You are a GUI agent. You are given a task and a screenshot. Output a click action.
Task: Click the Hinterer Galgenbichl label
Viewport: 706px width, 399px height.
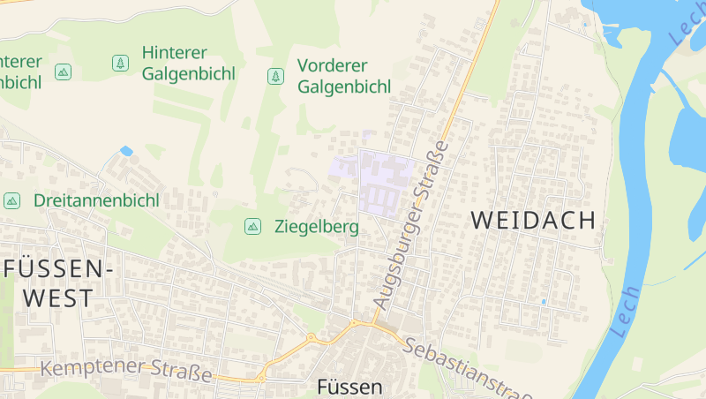(x=188, y=63)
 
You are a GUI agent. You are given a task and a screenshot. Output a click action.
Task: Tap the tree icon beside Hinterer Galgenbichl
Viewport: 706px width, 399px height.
(x=119, y=63)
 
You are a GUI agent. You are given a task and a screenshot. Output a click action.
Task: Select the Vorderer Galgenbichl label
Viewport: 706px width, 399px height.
(x=344, y=76)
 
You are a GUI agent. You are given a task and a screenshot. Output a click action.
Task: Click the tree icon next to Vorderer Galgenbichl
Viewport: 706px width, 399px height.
(x=275, y=76)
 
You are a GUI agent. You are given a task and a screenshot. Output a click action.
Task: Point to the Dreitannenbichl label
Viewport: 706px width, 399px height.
(x=96, y=200)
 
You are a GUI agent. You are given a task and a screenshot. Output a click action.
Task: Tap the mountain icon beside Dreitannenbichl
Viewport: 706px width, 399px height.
(x=11, y=200)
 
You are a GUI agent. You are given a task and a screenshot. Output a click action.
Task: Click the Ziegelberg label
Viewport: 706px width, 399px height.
(x=316, y=227)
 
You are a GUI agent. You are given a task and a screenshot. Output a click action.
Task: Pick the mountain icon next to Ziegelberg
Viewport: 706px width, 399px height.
(x=252, y=227)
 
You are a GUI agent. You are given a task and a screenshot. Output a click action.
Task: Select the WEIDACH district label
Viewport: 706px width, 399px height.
(x=534, y=221)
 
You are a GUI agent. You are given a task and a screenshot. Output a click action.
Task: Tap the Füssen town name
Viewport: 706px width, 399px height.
(x=349, y=387)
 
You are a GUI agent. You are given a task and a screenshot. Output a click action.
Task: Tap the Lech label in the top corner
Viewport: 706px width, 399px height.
(x=686, y=25)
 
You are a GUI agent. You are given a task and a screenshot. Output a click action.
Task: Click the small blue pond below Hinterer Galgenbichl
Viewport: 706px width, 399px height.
(x=126, y=151)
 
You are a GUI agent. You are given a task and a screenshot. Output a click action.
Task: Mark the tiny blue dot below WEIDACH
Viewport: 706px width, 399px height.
(x=543, y=302)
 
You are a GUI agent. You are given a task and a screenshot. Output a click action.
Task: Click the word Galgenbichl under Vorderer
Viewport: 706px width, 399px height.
(x=344, y=87)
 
